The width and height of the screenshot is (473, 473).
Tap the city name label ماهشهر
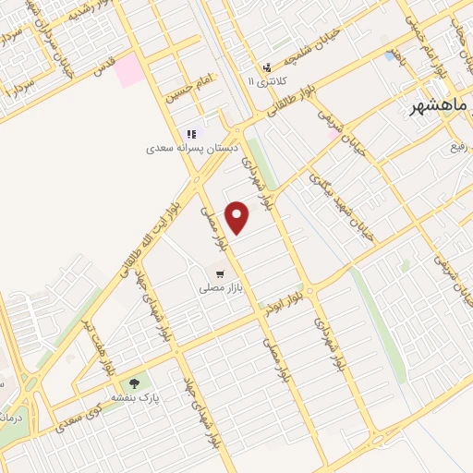[442, 108]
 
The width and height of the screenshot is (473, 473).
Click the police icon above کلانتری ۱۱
[268, 67]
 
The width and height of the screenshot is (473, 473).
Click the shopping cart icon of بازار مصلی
[220, 273]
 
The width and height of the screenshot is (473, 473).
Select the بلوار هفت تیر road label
[100, 346]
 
